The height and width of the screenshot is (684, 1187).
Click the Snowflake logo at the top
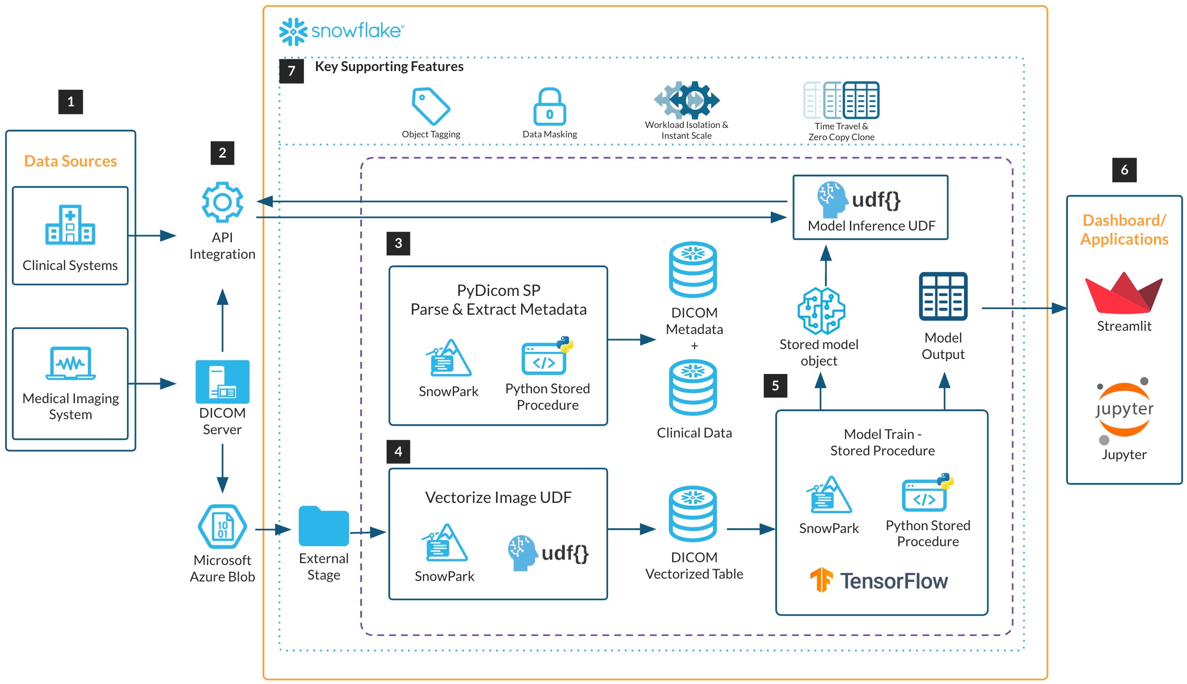click(x=341, y=31)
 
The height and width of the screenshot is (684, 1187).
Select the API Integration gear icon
click(x=222, y=202)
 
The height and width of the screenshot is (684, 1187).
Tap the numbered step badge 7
click(x=292, y=71)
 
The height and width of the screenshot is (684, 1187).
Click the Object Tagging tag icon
click(x=430, y=106)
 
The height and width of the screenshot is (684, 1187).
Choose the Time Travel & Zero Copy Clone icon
click(x=841, y=100)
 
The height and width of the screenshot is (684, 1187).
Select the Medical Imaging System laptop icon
click(x=71, y=363)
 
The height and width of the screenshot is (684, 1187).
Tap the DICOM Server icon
click(x=222, y=382)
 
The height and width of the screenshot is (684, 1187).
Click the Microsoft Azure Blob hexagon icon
click(x=222, y=527)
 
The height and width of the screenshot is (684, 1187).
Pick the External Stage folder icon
click(x=324, y=525)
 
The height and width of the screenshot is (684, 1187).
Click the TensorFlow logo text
click(x=893, y=581)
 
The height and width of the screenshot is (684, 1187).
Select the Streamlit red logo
click(x=1124, y=294)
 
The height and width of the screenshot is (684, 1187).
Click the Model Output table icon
click(x=943, y=296)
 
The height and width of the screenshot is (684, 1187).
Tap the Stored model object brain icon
click(x=821, y=310)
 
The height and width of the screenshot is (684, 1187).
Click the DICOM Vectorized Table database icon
click(x=693, y=514)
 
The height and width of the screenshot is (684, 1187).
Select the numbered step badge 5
click(x=776, y=386)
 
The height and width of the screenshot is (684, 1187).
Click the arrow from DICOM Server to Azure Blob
click(x=222, y=468)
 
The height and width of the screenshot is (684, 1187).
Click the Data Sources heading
click(x=71, y=161)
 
